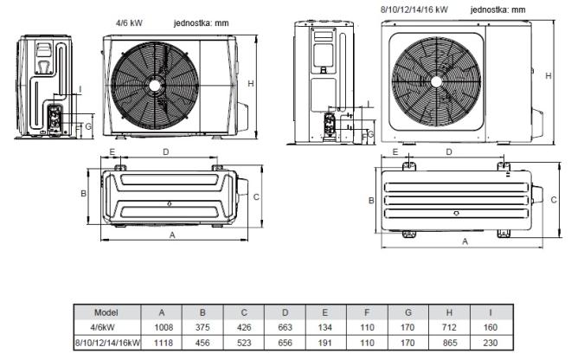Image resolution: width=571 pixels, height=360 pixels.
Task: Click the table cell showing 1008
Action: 164,327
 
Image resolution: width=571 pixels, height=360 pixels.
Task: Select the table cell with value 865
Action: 449,343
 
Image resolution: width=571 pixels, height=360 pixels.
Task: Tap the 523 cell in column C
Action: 244,343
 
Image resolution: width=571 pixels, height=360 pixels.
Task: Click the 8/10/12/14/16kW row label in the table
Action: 107,343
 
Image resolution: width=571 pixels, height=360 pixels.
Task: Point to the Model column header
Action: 106,312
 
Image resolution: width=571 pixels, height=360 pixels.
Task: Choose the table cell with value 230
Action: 491,343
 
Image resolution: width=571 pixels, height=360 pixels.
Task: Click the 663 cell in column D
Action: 285,327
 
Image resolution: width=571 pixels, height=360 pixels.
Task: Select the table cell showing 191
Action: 324,343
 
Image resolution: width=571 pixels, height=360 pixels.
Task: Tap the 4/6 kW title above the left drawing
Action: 129,23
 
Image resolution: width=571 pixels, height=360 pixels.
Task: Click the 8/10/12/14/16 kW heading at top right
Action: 414,10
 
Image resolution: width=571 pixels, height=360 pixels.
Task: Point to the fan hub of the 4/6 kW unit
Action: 155,86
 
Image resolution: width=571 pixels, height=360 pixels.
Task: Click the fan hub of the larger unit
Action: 436,81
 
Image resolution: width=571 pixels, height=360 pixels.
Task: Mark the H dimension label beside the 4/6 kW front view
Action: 251,84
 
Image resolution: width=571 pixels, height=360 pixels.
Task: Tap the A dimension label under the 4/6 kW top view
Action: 172,235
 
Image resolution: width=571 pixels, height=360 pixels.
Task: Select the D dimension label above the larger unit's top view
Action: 449,152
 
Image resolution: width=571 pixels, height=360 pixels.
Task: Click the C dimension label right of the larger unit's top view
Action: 554,200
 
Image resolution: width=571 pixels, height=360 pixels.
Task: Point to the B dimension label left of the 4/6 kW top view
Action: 83,194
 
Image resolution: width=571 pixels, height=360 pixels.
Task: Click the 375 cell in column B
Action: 202,327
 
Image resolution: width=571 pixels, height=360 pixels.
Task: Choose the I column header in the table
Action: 491,312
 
